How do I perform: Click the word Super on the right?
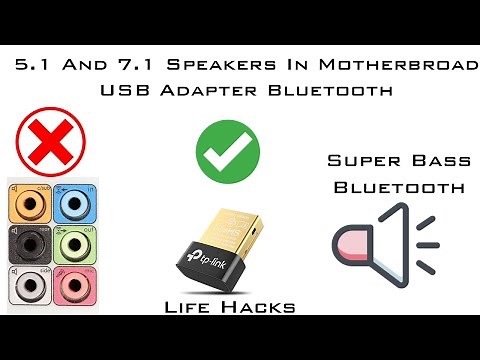pos(359,159)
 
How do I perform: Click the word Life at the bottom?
pos(193,307)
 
